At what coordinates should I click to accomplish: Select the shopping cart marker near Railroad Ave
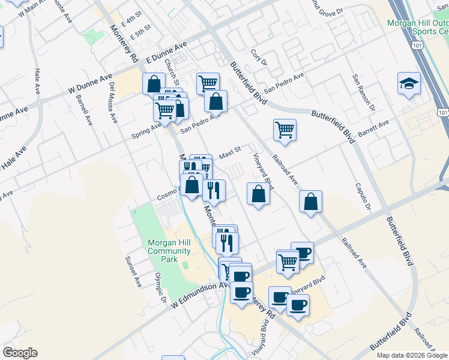tap(285, 130)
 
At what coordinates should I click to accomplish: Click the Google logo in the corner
tap(20, 353)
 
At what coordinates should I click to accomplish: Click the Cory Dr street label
tap(258, 58)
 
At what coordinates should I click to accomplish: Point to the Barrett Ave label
tap(374, 127)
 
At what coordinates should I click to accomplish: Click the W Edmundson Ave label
tap(192, 296)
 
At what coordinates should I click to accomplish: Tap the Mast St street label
tap(229, 155)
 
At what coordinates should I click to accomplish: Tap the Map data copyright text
tap(412, 355)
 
